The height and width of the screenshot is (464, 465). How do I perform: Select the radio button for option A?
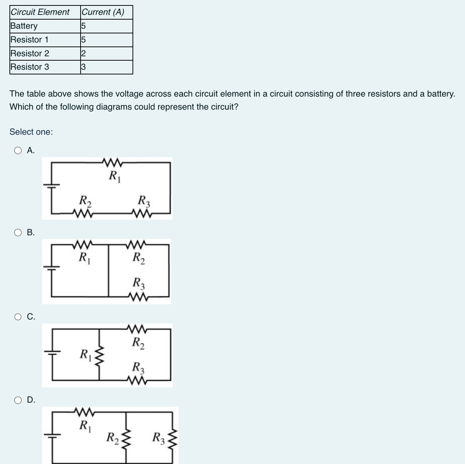coord(18,151)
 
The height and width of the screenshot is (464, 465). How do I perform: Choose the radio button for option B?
coord(18,233)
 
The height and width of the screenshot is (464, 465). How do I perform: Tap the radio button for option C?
coord(18,317)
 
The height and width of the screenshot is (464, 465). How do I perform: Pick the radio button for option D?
coord(18,400)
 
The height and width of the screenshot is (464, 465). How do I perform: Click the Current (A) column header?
coord(103,12)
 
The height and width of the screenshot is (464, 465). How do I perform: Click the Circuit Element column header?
coord(40,12)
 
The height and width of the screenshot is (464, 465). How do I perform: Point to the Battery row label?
coord(24,26)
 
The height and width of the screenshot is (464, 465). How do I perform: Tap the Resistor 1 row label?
coord(29,40)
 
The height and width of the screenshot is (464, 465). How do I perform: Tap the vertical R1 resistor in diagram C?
coord(100,355)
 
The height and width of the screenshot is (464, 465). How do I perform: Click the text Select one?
coord(31,132)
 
